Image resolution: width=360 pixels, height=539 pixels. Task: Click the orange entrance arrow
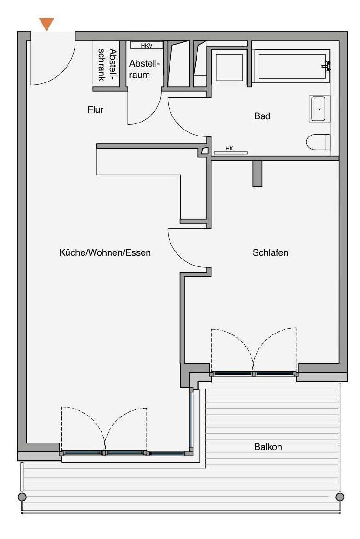[47, 24]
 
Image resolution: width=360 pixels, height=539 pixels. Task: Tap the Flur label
[95, 109]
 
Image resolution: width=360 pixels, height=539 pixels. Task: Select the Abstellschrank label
[107, 64]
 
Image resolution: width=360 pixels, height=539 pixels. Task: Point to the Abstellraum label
[144, 69]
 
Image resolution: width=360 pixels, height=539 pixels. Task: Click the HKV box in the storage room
[147, 45]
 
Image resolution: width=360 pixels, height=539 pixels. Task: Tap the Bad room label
[262, 116]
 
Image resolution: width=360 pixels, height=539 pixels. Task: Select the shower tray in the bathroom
[229, 67]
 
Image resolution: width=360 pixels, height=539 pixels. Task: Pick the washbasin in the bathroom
[319, 109]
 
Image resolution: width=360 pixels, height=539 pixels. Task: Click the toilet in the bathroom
[318, 142]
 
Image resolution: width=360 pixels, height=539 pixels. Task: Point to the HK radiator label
[230, 149]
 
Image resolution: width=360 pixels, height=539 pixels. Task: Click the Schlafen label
[270, 252]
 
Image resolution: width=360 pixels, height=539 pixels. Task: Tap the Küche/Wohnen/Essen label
[105, 252]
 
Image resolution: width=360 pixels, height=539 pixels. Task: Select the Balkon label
[268, 447]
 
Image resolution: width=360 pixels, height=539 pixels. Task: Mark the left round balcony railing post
[21, 497]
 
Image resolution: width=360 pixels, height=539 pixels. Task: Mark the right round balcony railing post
[340, 497]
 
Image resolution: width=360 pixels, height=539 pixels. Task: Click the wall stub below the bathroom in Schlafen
[257, 174]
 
